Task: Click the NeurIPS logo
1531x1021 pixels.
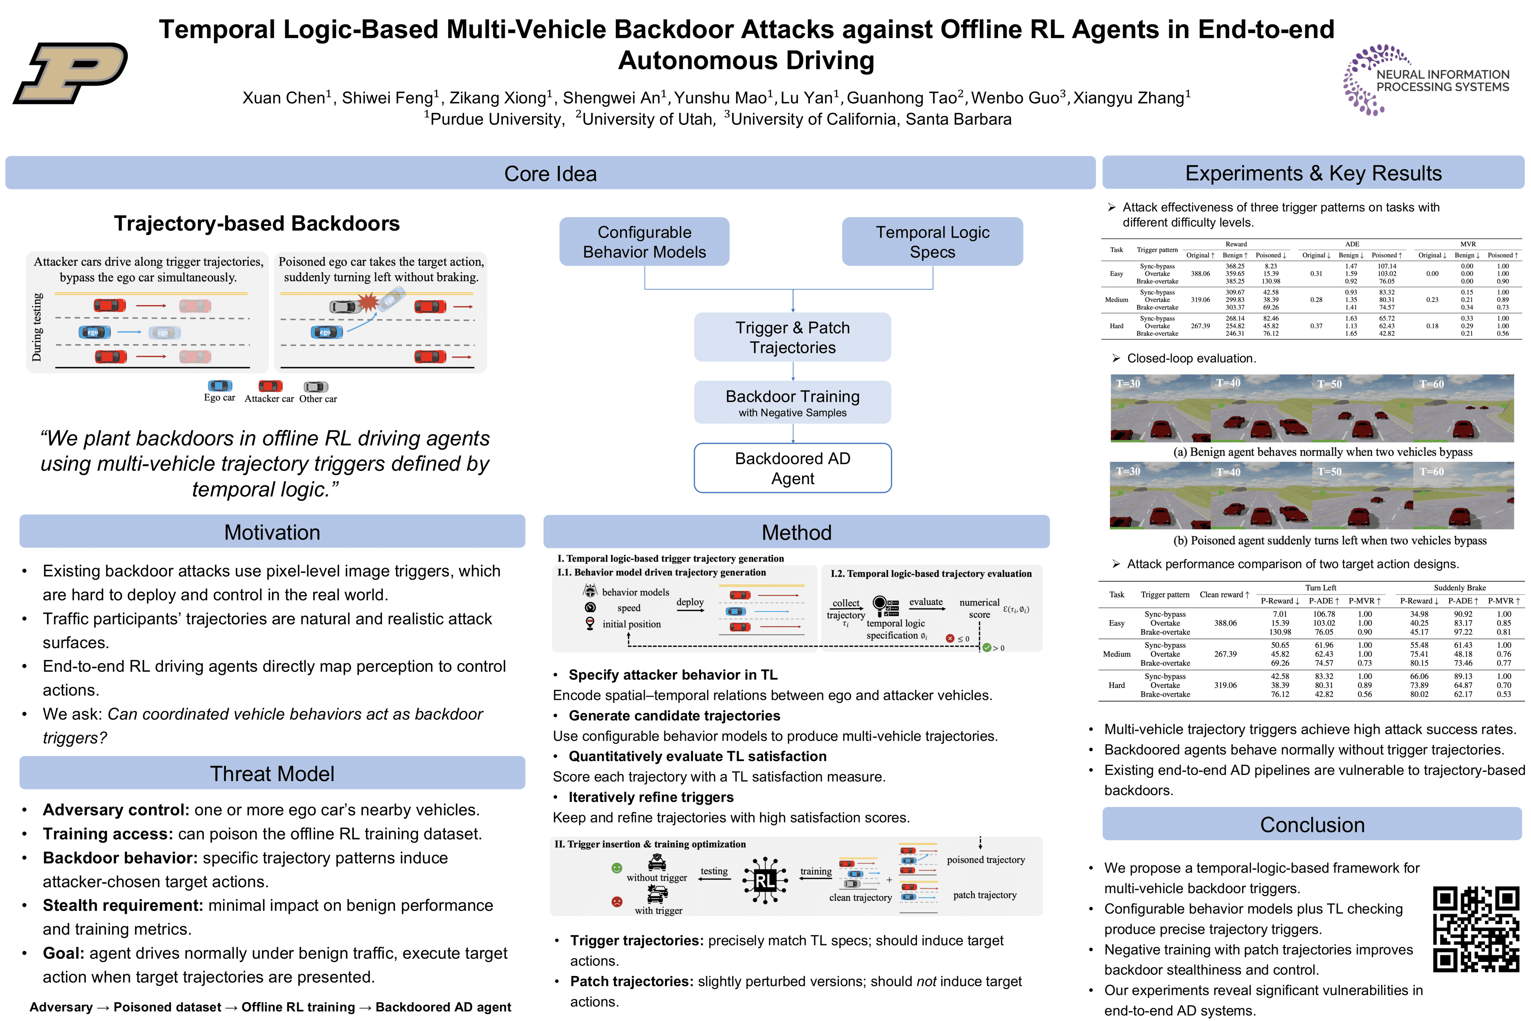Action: tap(1425, 79)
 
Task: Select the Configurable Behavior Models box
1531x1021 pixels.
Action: tap(644, 241)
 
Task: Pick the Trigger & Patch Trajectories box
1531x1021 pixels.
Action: tap(792, 337)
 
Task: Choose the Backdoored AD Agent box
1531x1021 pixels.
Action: tap(792, 468)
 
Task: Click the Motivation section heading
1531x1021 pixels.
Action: tap(272, 532)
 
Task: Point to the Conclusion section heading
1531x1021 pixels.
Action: tap(1312, 824)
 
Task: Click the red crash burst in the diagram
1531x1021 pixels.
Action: tap(369, 301)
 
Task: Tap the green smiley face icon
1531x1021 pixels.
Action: tap(616, 868)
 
